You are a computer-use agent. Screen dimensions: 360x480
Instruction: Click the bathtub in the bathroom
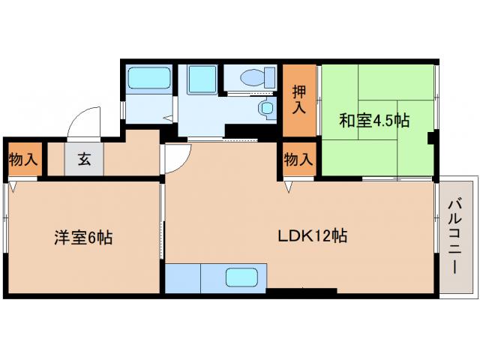click(148, 79)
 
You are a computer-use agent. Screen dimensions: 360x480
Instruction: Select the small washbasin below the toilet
click(267, 108)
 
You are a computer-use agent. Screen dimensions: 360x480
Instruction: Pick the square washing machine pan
click(201, 77)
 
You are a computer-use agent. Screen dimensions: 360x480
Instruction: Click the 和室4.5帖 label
click(374, 120)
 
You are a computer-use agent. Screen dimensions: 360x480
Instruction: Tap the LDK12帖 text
click(312, 235)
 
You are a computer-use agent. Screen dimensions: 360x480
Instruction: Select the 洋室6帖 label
click(82, 238)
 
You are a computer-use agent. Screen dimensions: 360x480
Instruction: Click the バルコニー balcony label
click(456, 235)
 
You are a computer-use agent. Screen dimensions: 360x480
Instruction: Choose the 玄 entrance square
click(84, 158)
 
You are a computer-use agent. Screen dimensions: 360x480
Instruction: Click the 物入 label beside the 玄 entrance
click(22, 159)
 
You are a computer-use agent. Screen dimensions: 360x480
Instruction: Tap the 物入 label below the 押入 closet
click(298, 159)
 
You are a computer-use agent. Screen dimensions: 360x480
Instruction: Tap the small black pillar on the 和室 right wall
click(431, 137)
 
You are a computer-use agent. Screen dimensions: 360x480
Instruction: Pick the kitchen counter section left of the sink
click(182, 278)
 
